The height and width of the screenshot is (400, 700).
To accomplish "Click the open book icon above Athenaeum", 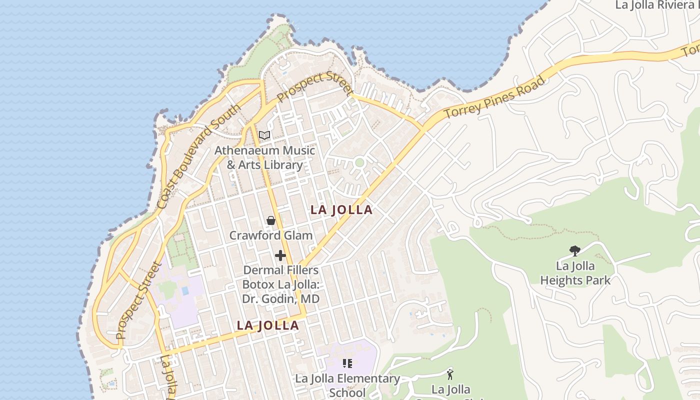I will (264, 135).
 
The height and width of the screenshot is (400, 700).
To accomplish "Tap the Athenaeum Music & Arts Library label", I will (265, 157).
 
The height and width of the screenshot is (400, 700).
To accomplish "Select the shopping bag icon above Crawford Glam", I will (271, 220).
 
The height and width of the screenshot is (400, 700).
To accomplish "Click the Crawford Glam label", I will (270, 235).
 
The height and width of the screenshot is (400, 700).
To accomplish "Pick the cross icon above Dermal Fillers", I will (280, 256).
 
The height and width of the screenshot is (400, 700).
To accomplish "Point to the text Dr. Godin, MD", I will (280, 299).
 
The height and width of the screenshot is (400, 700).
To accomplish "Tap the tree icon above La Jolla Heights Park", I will (575, 250).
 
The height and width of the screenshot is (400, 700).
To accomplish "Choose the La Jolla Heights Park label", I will (575, 273).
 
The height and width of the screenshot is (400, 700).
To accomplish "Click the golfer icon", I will (450, 373).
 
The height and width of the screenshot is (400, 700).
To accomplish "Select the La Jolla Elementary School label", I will (347, 385).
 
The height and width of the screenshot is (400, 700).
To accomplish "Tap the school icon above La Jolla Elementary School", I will (347, 363).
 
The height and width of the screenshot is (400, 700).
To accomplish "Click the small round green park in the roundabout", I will (359, 162).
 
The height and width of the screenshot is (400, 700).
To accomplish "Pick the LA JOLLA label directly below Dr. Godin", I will (267, 325).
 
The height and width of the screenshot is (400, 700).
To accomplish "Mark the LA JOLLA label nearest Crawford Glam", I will (341, 210).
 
